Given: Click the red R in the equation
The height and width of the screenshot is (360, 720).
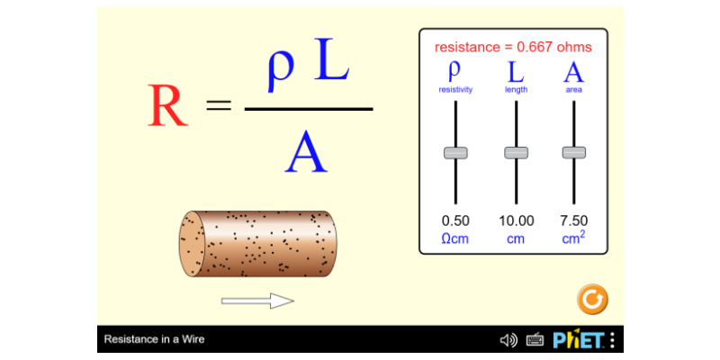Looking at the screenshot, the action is [x=167, y=105].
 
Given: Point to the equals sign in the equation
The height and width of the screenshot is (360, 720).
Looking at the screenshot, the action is [x=219, y=106].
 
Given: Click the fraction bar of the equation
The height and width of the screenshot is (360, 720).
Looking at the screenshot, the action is [x=309, y=109].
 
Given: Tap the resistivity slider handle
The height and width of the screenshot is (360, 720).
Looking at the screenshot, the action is [x=455, y=153].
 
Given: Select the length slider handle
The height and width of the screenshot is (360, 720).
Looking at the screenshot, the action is [x=516, y=153].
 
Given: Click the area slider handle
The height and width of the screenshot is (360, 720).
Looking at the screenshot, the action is [x=574, y=153].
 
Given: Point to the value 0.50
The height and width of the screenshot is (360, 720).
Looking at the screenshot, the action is [x=455, y=220].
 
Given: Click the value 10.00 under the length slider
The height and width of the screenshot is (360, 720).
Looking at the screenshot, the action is [x=517, y=220].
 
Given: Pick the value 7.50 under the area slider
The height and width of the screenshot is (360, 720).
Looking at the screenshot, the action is [x=574, y=220].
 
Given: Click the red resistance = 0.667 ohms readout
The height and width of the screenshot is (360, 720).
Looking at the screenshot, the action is [x=513, y=47].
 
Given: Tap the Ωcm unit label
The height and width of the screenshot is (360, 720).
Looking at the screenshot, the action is [x=455, y=239].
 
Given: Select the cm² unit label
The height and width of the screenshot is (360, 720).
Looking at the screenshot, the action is [x=574, y=238].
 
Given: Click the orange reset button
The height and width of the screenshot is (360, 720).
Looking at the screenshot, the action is [x=592, y=300].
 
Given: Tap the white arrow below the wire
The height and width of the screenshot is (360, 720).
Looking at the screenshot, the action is [x=257, y=301].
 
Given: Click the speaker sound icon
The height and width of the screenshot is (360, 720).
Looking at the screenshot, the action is [x=508, y=340].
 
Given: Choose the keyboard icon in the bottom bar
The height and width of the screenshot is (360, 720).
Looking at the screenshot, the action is [x=535, y=340].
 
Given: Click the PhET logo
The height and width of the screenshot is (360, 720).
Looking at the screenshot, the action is [x=579, y=340].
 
